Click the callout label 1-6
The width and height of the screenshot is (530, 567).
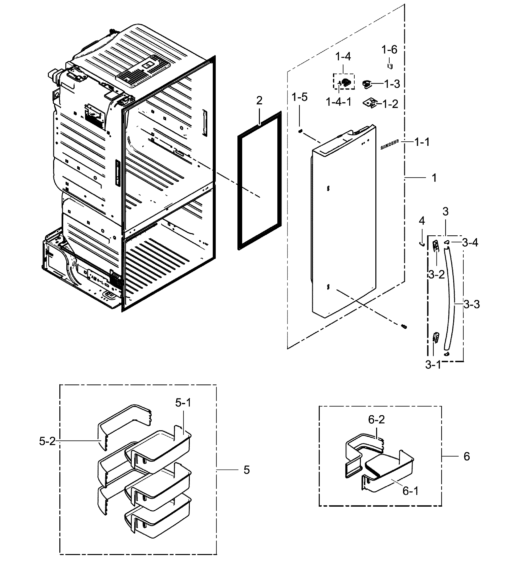[x=389, y=50]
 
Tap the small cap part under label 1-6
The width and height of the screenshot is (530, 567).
[x=390, y=66]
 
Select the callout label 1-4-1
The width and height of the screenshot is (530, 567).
[x=339, y=102]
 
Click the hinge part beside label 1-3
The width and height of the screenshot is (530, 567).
[x=367, y=84]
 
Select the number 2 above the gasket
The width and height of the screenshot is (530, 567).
[x=259, y=100]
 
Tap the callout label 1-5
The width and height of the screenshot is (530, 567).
[x=300, y=97]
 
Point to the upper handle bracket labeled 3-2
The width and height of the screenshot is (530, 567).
[x=435, y=245]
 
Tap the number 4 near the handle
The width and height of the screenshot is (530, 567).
[x=422, y=221]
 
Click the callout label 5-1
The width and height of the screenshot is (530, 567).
[x=183, y=403]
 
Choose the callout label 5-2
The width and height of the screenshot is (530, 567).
[x=47, y=441]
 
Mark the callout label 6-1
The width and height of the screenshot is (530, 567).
[x=411, y=491]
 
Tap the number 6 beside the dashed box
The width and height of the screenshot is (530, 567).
[x=466, y=456]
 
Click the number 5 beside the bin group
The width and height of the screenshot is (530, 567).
[x=246, y=470]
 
